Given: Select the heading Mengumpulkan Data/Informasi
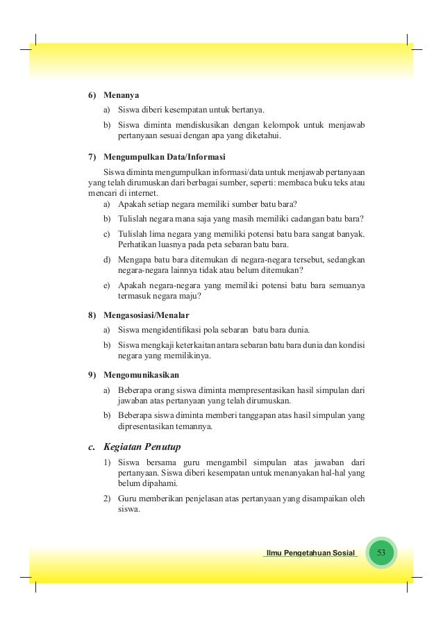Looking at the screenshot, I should coord(164,156).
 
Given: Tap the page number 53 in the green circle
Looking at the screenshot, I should coord(381,553).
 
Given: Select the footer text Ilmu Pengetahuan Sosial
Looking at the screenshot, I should coord(311,553).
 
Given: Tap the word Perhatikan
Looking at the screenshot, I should coord(139,245).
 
